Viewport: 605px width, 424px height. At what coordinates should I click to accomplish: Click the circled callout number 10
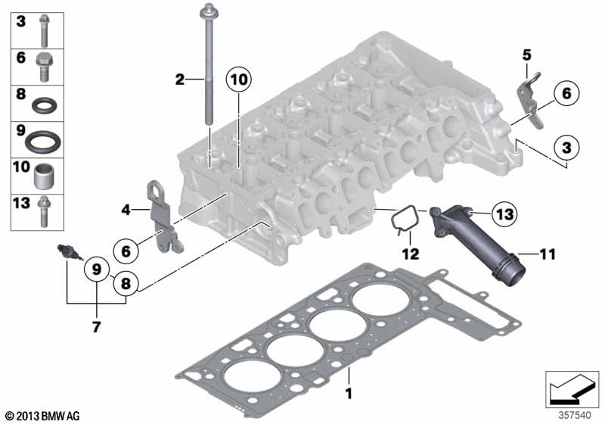[238, 80]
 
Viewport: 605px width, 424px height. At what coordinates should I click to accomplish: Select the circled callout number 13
[504, 214]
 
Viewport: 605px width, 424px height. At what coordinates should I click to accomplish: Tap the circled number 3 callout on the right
[566, 147]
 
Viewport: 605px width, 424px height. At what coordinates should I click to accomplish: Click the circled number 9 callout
[97, 269]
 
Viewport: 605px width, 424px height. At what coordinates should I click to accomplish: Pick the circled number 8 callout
[126, 284]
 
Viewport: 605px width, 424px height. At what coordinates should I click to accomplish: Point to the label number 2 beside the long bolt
[180, 79]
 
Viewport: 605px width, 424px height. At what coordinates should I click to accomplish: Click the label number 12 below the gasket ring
[410, 254]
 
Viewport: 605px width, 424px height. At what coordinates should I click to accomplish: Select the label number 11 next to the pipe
[548, 254]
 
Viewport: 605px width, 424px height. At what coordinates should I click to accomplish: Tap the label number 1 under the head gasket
[349, 394]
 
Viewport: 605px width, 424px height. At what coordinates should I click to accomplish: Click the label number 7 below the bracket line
[96, 326]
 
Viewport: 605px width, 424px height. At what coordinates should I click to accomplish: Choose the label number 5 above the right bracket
[526, 55]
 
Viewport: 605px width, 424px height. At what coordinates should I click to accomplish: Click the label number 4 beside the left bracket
[126, 210]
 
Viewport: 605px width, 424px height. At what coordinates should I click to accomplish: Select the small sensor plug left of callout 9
[69, 252]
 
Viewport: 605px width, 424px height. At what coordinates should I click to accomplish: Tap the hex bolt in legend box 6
[44, 67]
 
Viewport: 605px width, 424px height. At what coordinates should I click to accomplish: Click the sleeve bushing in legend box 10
[44, 176]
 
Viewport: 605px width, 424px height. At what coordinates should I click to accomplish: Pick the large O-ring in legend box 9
[42, 142]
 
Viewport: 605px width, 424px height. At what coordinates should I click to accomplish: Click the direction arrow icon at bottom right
[572, 389]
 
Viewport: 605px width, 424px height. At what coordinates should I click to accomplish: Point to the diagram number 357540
[575, 415]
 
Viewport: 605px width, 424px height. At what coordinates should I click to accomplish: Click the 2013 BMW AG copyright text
[43, 416]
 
